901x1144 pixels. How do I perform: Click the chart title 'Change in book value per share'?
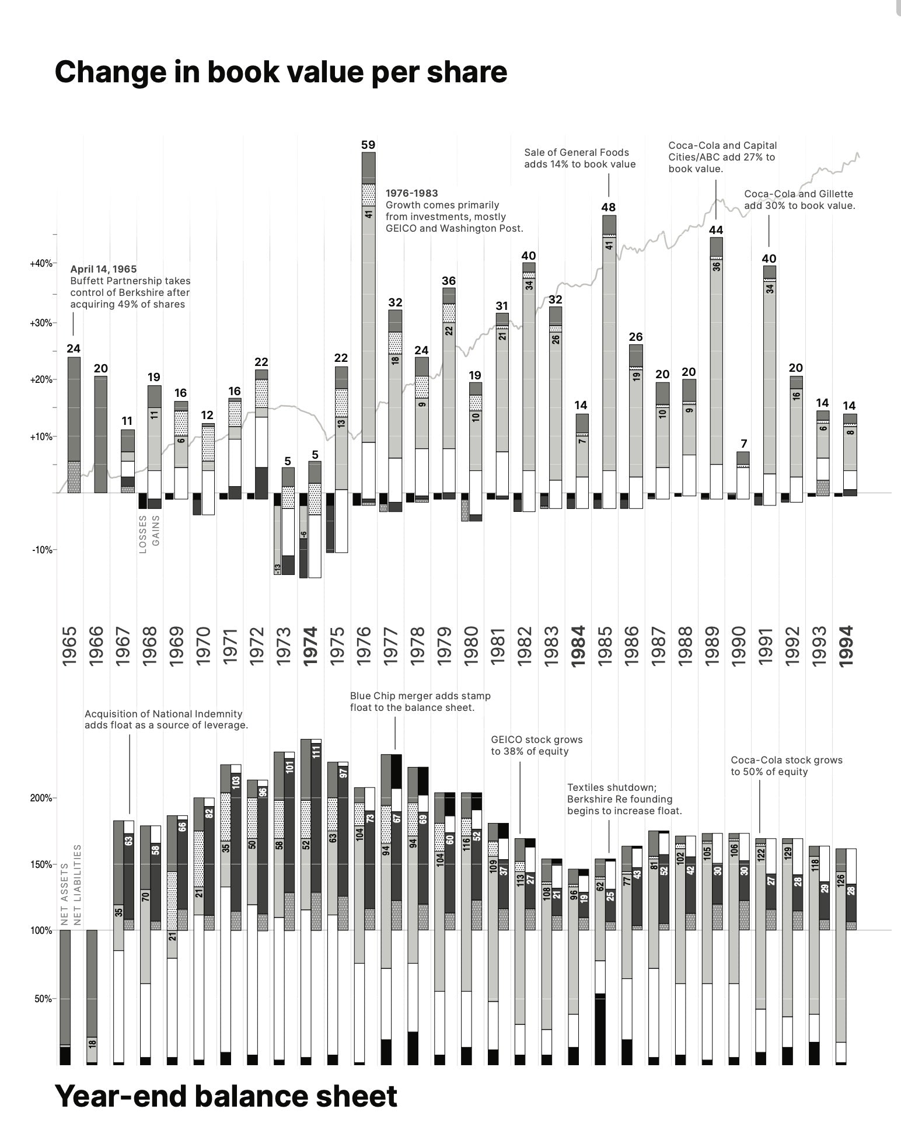[x=281, y=72]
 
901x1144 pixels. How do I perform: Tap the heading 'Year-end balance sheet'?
[x=226, y=1096]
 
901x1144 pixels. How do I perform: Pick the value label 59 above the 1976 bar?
[x=368, y=145]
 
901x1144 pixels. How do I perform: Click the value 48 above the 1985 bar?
[x=609, y=207]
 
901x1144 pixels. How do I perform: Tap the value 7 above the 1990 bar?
[x=743, y=444]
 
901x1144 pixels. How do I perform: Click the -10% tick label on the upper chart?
[x=43, y=550]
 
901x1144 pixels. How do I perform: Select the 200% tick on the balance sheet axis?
[x=41, y=798]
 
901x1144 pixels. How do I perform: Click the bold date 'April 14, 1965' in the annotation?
[x=103, y=269]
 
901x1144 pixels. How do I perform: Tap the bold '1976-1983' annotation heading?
[x=411, y=193]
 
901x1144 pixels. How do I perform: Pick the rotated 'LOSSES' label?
[x=143, y=534]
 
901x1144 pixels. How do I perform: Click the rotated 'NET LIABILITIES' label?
[x=77, y=885]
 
